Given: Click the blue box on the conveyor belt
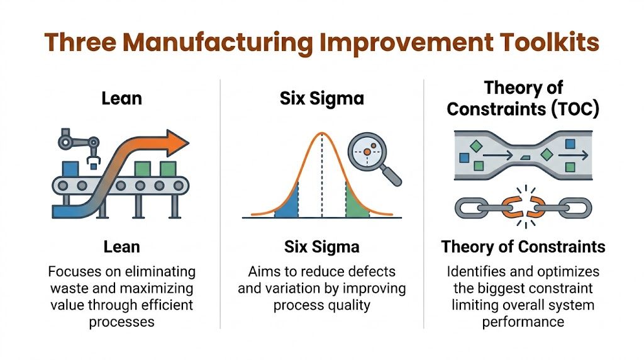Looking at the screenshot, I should point(69,169).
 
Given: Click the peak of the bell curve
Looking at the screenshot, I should point(321,133).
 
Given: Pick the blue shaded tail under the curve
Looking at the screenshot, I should point(286,205).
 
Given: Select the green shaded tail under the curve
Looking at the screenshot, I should point(356,205).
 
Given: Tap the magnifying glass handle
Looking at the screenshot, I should point(392,177).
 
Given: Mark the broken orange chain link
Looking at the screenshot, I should point(521,207).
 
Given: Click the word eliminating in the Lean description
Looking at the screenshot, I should point(158,272).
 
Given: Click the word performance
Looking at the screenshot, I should point(523,322).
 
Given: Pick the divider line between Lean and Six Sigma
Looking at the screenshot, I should point(220,201).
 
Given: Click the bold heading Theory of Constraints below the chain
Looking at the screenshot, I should point(523,246).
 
